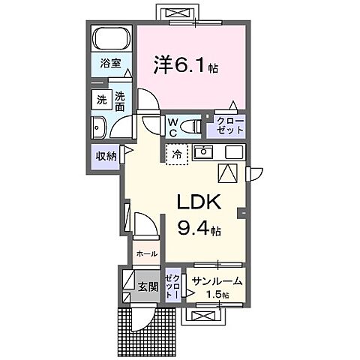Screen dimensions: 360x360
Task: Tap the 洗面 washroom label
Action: pyautogui.click(x=120, y=100)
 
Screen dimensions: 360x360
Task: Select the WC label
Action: pyautogui.click(x=172, y=125)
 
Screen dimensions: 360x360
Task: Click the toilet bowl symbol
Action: pyautogui.click(x=192, y=124)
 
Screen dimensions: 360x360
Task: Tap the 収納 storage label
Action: pyautogui.click(x=105, y=156)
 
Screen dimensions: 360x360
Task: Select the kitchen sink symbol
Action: pyautogui.click(x=202, y=153)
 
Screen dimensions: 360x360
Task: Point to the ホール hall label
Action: pyautogui.click(x=147, y=253)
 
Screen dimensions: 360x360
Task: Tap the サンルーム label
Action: pyautogui.click(x=217, y=280)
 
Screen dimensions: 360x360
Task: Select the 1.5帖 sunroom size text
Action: pyautogui.click(x=218, y=295)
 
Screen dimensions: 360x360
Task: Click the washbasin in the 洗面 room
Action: pyautogui.click(x=98, y=126)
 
